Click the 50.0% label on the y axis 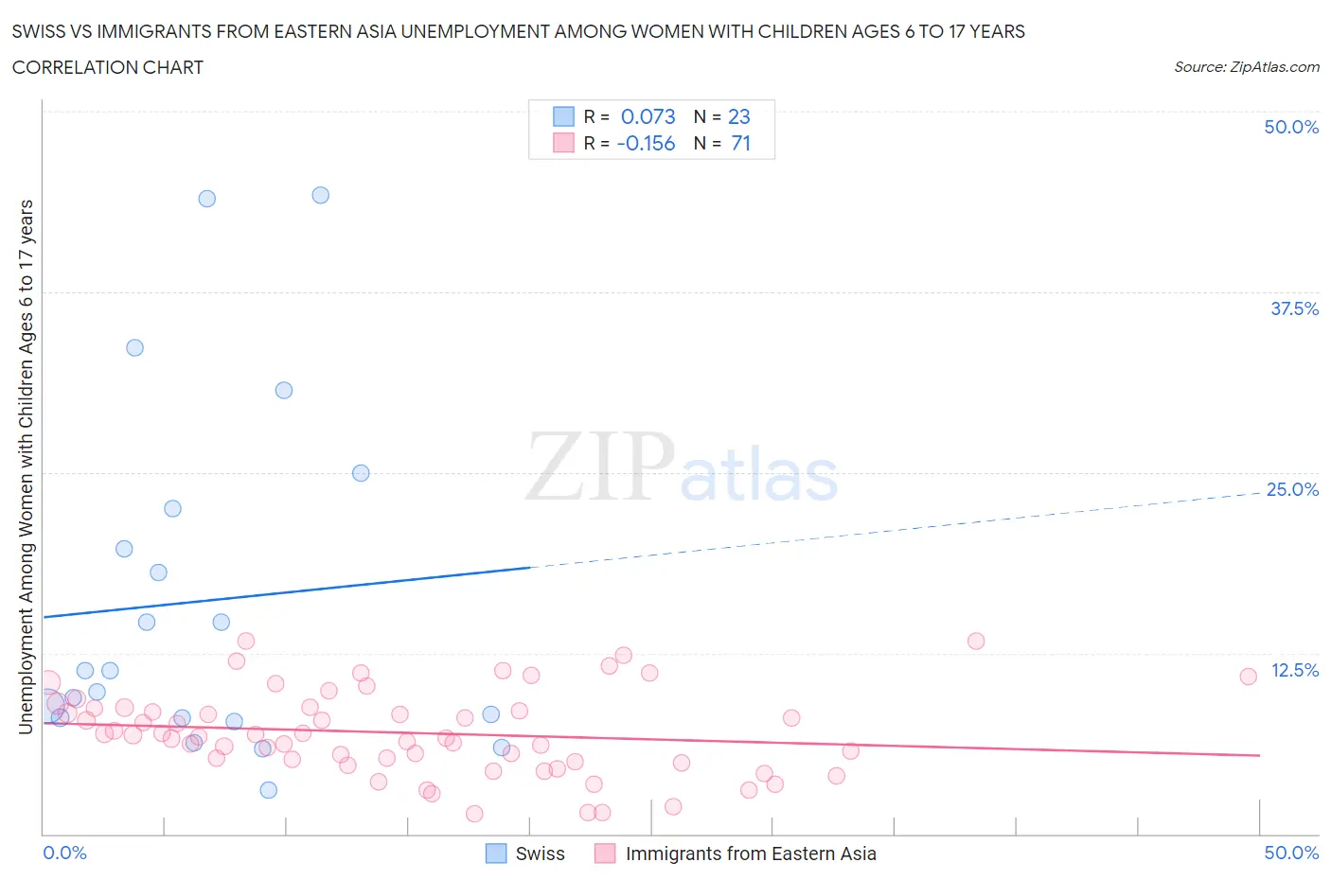point(1291,127)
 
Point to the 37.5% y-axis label point(1294,308)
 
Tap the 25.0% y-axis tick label point(1292,489)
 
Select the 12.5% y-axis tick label point(1294,670)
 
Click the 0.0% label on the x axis point(64,853)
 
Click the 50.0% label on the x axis point(1291,853)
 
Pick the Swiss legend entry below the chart point(540,854)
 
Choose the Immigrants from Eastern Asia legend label point(751,854)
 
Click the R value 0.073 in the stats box point(648,116)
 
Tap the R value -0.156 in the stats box point(646,143)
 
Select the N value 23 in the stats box point(738,116)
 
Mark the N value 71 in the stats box point(740,143)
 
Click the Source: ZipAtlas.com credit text point(1246,67)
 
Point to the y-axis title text point(26,466)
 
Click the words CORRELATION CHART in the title point(107,67)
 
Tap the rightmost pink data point point(1248,676)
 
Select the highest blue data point point(320,195)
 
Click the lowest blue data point point(268,789)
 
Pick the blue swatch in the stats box point(563,116)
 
